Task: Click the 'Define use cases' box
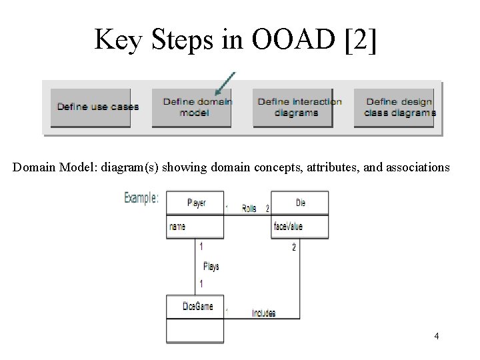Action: [91, 107]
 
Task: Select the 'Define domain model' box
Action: [191, 107]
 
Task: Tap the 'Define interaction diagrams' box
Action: [293, 107]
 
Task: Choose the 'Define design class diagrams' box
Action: [394, 107]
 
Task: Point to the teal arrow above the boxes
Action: [225, 83]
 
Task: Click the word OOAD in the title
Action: [293, 39]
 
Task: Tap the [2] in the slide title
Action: [360, 40]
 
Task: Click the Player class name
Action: [197, 203]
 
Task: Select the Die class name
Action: [300, 203]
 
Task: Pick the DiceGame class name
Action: [198, 306]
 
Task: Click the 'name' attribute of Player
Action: [177, 227]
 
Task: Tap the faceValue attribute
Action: [288, 226]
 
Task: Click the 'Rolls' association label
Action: [249, 209]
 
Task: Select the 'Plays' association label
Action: [211, 266]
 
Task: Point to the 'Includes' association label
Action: [263, 313]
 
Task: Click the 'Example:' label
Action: [141, 198]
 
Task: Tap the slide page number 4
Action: [437, 336]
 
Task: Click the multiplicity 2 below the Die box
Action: [294, 247]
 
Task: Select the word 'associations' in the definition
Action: [418, 167]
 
